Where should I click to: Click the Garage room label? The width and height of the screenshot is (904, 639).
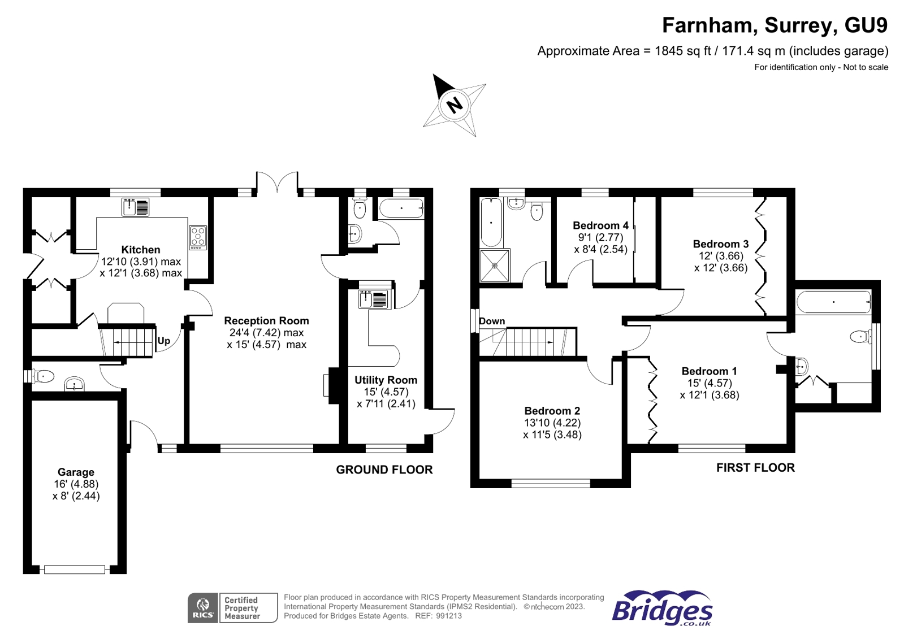point(76,472)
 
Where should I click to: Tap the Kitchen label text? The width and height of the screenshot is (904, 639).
point(141,250)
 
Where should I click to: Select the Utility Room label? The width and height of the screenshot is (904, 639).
point(386,380)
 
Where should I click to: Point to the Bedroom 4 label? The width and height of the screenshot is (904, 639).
point(600,225)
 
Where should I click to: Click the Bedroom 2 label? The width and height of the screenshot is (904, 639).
point(552,411)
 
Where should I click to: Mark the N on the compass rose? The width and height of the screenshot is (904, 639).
point(455,105)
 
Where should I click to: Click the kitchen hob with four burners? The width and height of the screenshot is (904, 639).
point(198,237)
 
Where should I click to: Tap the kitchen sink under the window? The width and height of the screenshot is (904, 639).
point(136,207)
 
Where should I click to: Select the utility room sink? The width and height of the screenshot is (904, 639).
point(374,299)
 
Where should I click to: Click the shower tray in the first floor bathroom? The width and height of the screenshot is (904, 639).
point(495,266)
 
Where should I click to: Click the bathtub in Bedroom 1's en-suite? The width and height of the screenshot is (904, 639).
point(833,302)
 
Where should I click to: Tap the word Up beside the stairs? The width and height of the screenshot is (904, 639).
point(163,341)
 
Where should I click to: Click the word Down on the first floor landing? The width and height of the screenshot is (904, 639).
point(492,321)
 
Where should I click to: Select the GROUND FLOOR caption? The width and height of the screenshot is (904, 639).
point(384,470)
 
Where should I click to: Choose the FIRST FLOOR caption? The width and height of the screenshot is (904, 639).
point(755,467)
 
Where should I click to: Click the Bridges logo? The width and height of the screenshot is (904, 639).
point(662,608)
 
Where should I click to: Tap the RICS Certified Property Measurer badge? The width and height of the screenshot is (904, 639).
point(232,608)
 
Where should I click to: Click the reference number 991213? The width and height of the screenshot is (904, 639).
point(448,616)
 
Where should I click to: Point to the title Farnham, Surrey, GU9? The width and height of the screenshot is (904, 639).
point(775,25)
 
